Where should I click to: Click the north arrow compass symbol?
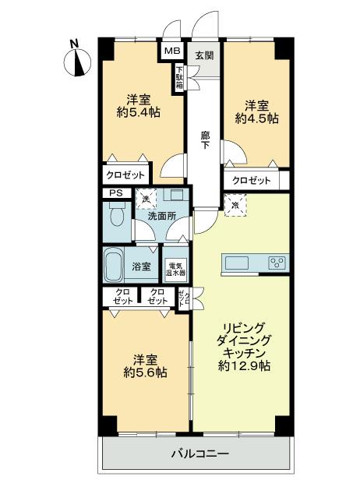76,59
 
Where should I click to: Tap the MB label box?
172,51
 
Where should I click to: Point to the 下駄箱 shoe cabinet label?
179,78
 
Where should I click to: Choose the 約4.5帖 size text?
257,119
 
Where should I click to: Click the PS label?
115,194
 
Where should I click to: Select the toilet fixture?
117,215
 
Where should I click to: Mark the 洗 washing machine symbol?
145,199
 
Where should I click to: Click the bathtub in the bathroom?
115,266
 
